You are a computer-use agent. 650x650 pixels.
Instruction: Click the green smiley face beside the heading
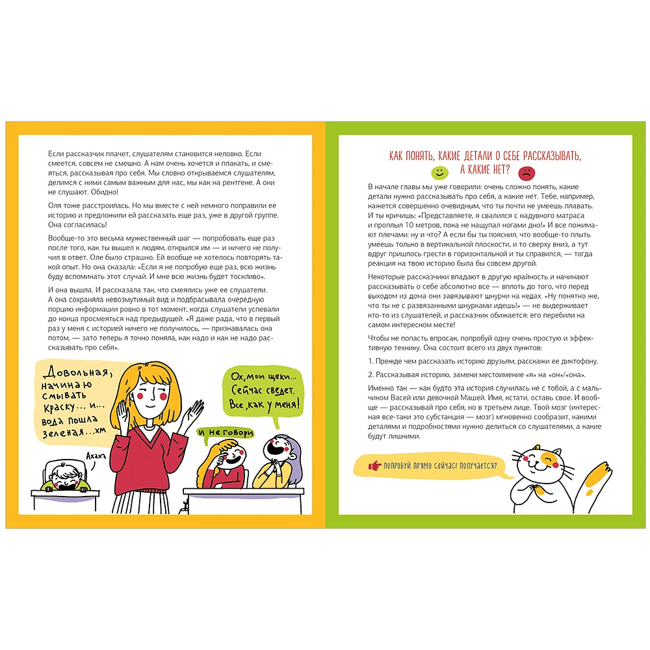[440, 173]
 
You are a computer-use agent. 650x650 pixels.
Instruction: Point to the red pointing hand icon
[374, 465]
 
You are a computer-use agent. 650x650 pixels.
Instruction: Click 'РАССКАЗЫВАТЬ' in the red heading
[548, 156]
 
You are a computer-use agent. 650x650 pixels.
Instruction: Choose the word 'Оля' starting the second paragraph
[55, 205]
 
